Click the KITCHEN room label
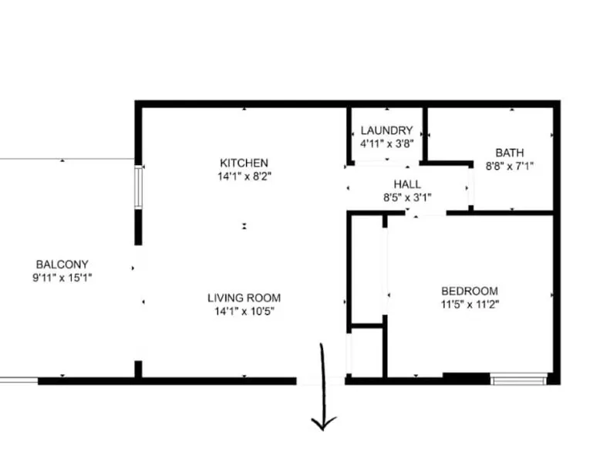click(x=244, y=163)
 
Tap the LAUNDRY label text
click(x=387, y=130)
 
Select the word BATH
click(x=509, y=153)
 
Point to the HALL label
click(x=407, y=184)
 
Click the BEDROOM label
click(x=470, y=291)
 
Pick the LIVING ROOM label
click(x=244, y=298)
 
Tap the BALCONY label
click(x=62, y=264)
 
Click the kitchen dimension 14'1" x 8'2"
click(x=244, y=177)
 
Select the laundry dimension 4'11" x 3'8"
click(x=387, y=144)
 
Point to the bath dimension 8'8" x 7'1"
click(x=509, y=166)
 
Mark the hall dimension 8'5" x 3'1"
click(x=407, y=197)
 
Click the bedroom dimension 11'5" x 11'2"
click(x=470, y=305)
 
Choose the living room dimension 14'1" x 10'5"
click(x=244, y=311)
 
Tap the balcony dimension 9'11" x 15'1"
click(x=62, y=278)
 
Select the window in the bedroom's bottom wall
click(x=518, y=379)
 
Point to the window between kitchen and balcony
click(x=138, y=187)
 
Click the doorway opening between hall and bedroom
click(x=426, y=213)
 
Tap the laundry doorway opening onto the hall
click(x=387, y=164)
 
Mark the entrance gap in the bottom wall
click(x=321, y=381)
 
